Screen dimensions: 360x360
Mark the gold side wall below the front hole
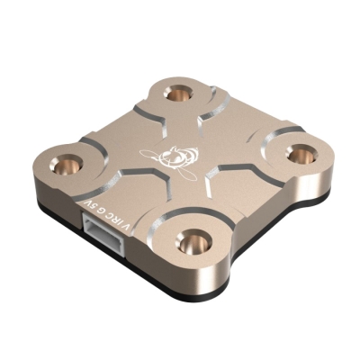click(x=193, y=274)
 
